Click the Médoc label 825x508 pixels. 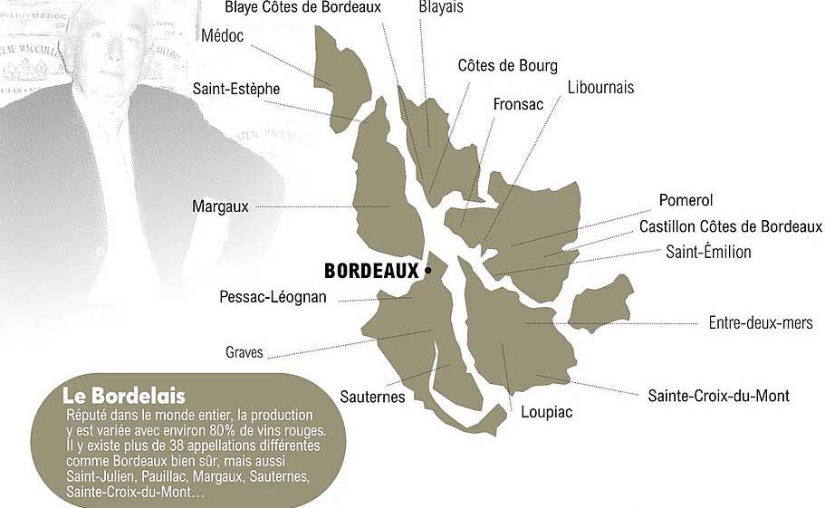222,36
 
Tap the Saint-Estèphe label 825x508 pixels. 236,89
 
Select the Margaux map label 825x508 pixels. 220,206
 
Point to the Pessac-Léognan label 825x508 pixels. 273,297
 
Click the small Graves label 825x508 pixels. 244,352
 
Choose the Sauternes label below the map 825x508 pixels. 372,397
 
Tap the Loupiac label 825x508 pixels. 547,412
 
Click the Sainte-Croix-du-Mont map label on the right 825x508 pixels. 718,396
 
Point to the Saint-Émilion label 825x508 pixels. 708,252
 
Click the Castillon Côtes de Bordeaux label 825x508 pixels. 730,226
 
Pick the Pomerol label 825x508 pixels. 686,200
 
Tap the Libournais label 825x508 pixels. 600,88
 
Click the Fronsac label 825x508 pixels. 518,105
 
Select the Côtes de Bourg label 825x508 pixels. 507,65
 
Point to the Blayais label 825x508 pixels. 442,8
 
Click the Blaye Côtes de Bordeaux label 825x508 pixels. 302,8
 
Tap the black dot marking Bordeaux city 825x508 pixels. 428,270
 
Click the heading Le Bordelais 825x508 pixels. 124,397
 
